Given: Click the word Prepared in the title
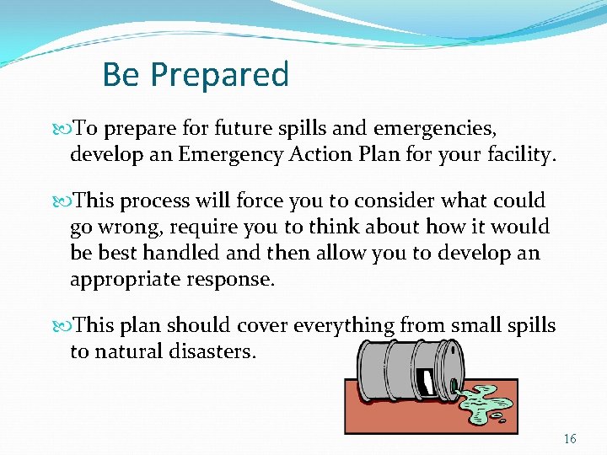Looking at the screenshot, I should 220,75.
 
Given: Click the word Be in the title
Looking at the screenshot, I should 121,75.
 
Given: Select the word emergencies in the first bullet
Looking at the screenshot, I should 434,129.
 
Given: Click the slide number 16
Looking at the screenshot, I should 570,439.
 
